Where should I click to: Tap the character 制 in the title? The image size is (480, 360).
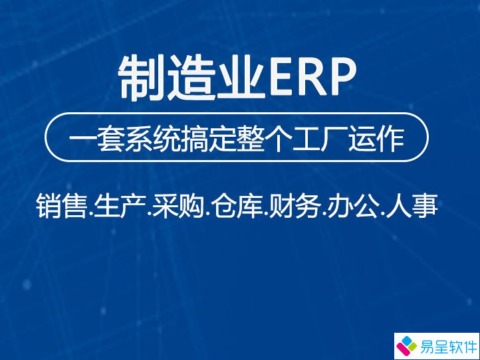(x=140, y=78)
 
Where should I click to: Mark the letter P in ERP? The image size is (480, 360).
(x=342, y=78)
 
